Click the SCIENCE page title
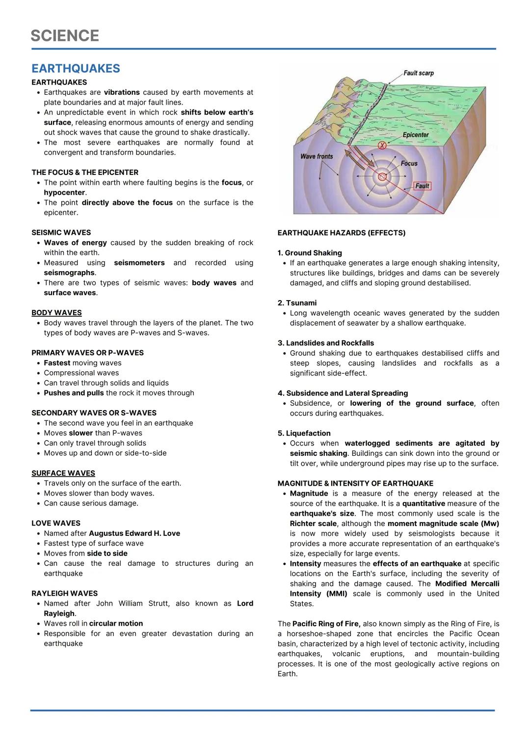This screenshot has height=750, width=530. click(x=65, y=36)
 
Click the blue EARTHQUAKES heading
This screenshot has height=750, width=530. click(x=76, y=68)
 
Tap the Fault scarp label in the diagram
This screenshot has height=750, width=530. click(x=418, y=73)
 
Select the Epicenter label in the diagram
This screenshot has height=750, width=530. click(x=415, y=135)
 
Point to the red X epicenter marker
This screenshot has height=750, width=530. click(x=382, y=145)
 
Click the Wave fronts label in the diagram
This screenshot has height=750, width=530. click(x=316, y=156)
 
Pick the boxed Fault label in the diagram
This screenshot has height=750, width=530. click(x=422, y=186)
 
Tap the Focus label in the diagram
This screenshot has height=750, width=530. click(x=409, y=164)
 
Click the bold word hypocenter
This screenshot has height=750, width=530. click(x=65, y=193)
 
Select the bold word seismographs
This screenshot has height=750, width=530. click(x=69, y=273)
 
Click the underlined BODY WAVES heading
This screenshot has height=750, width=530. click(x=56, y=313)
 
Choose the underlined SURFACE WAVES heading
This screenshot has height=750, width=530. click(x=63, y=473)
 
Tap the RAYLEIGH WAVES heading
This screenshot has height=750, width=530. click(x=64, y=593)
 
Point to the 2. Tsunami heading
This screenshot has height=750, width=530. click(x=297, y=303)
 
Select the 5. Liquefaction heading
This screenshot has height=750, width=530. click(x=304, y=433)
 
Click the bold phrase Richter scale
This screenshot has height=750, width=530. click(x=313, y=524)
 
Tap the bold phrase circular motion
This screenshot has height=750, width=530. click(x=116, y=624)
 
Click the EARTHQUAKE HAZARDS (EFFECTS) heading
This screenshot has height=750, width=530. click(x=341, y=233)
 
